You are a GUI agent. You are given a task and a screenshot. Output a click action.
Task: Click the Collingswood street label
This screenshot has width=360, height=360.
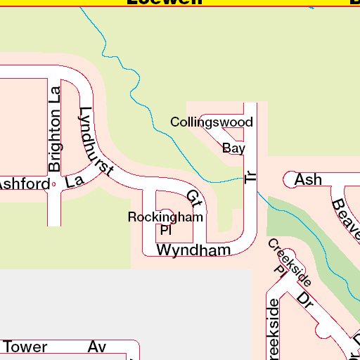tap(212, 122)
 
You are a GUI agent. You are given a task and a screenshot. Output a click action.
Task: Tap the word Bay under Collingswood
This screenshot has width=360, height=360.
tap(233, 148)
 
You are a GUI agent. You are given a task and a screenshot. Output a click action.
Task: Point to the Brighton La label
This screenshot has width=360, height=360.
tap(55, 129)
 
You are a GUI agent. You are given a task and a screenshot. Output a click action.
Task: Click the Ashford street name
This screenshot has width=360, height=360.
tap(24, 184)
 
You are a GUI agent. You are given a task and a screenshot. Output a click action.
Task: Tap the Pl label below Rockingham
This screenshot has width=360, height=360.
tap(166, 230)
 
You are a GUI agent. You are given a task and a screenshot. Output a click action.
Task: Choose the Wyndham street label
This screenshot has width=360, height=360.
tap(193, 250)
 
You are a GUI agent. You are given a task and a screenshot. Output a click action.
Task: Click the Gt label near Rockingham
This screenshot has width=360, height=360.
tap(195, 199)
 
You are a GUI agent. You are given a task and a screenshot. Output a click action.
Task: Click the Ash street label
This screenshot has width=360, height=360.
tap(308, 179)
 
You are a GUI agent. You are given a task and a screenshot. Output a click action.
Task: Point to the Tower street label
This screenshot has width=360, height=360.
tap(25, 347)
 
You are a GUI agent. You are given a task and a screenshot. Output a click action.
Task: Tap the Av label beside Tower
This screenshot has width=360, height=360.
tap(96, 347)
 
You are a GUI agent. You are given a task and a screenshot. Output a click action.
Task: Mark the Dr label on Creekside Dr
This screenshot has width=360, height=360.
tap(304, 298)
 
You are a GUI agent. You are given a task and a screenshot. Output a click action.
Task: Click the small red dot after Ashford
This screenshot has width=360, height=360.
tap(54, 184)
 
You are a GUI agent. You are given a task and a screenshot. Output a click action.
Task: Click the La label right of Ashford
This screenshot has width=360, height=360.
tap(74, 181)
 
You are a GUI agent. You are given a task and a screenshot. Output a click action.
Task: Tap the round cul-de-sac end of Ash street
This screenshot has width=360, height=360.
tap(290, 179)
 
